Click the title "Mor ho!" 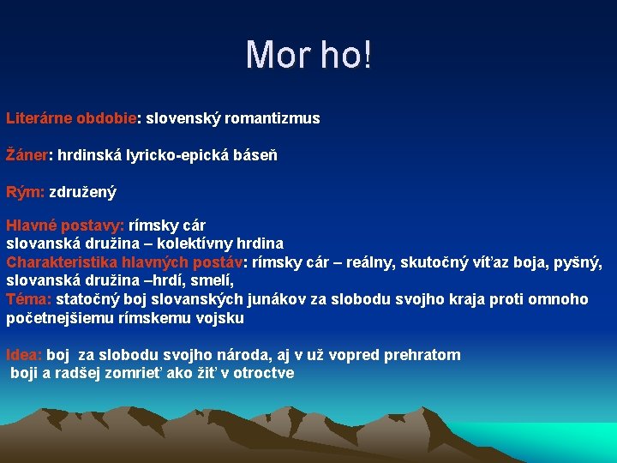click(308, 56)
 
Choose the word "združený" click(82, 193)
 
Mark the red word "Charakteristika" click(61, 262)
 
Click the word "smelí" click(213, 280)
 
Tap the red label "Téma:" click(29, 299)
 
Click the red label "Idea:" click(24, 355)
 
